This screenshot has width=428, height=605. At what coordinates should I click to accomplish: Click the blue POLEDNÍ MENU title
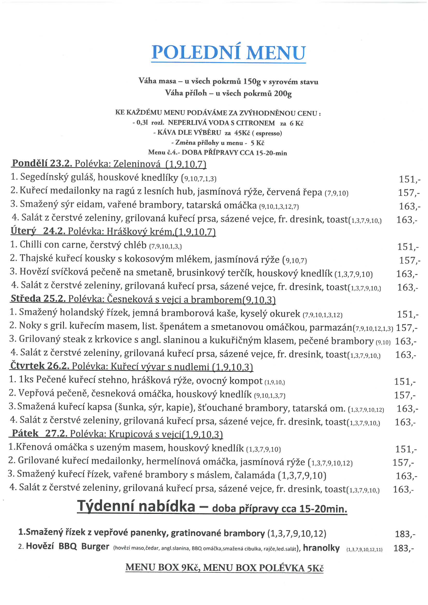point(228,53)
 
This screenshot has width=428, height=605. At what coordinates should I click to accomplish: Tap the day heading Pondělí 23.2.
point(42,163)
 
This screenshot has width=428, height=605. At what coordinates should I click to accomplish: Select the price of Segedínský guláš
point(409,179)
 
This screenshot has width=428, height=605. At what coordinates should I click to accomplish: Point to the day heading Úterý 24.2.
point(38,231)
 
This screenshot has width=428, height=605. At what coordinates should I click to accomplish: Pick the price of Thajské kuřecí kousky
point(409,260)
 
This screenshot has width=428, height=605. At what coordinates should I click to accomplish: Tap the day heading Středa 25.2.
point(38,299)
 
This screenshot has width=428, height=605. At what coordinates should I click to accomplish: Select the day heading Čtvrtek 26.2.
point(40,366)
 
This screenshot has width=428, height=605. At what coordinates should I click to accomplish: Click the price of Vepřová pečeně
point(404,395)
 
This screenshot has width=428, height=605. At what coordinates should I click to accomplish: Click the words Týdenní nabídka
point(136,507)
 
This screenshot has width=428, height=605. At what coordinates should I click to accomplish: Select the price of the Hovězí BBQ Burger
point(403,548)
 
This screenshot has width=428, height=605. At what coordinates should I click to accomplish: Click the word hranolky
point(321,548)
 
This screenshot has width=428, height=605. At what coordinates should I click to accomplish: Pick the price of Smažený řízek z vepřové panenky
point(405,534)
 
